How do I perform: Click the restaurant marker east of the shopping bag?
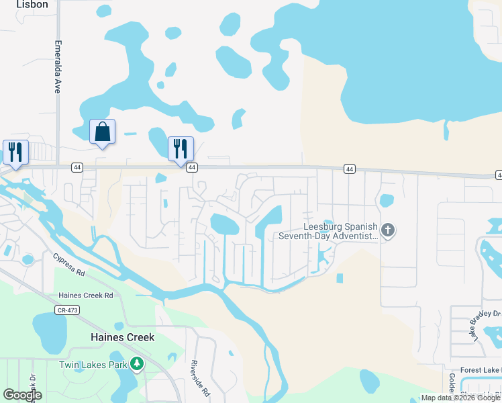tap(181, 148)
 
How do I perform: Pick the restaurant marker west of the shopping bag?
tap(15, 152)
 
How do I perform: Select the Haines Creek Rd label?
tap(85, 295)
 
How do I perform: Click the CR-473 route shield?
tap(64, 309)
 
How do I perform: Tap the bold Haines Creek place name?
tap(123, 337)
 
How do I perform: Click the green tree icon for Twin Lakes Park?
tap(137, 365)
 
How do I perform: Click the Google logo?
tap(22, 394)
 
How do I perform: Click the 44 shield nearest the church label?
tap(349, 169)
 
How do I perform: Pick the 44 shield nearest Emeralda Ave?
tap(77, 167)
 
